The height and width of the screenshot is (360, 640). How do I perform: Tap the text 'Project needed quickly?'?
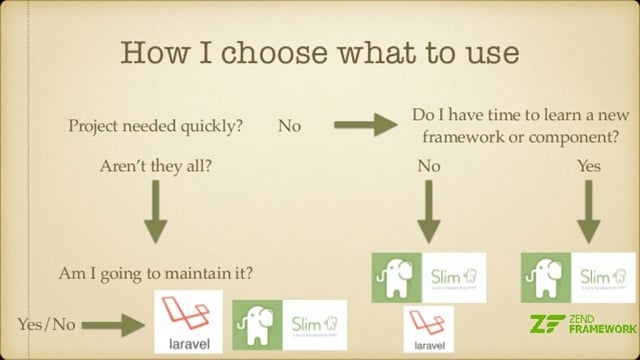[x=155, y=127]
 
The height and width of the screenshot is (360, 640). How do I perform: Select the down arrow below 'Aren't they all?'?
[x=156, y=213]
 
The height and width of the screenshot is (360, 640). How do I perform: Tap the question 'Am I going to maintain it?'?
[x=156, y=271]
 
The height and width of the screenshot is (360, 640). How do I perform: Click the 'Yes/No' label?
[x=47, y=323]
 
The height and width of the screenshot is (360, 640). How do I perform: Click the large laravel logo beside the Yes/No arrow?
[x=189, y=323]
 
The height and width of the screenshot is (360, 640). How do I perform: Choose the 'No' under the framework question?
[x=428, y=167]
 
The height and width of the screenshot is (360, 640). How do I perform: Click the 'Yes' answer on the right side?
[x=589, y=167]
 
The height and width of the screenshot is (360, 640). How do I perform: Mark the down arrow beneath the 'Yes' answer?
[x=589, y=214]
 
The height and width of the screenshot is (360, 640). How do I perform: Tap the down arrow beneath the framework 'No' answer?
[x=428, y=214]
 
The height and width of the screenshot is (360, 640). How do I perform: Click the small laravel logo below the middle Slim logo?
[x=428, y=330]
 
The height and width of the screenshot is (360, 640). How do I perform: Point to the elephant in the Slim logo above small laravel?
[x=393, y=278]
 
